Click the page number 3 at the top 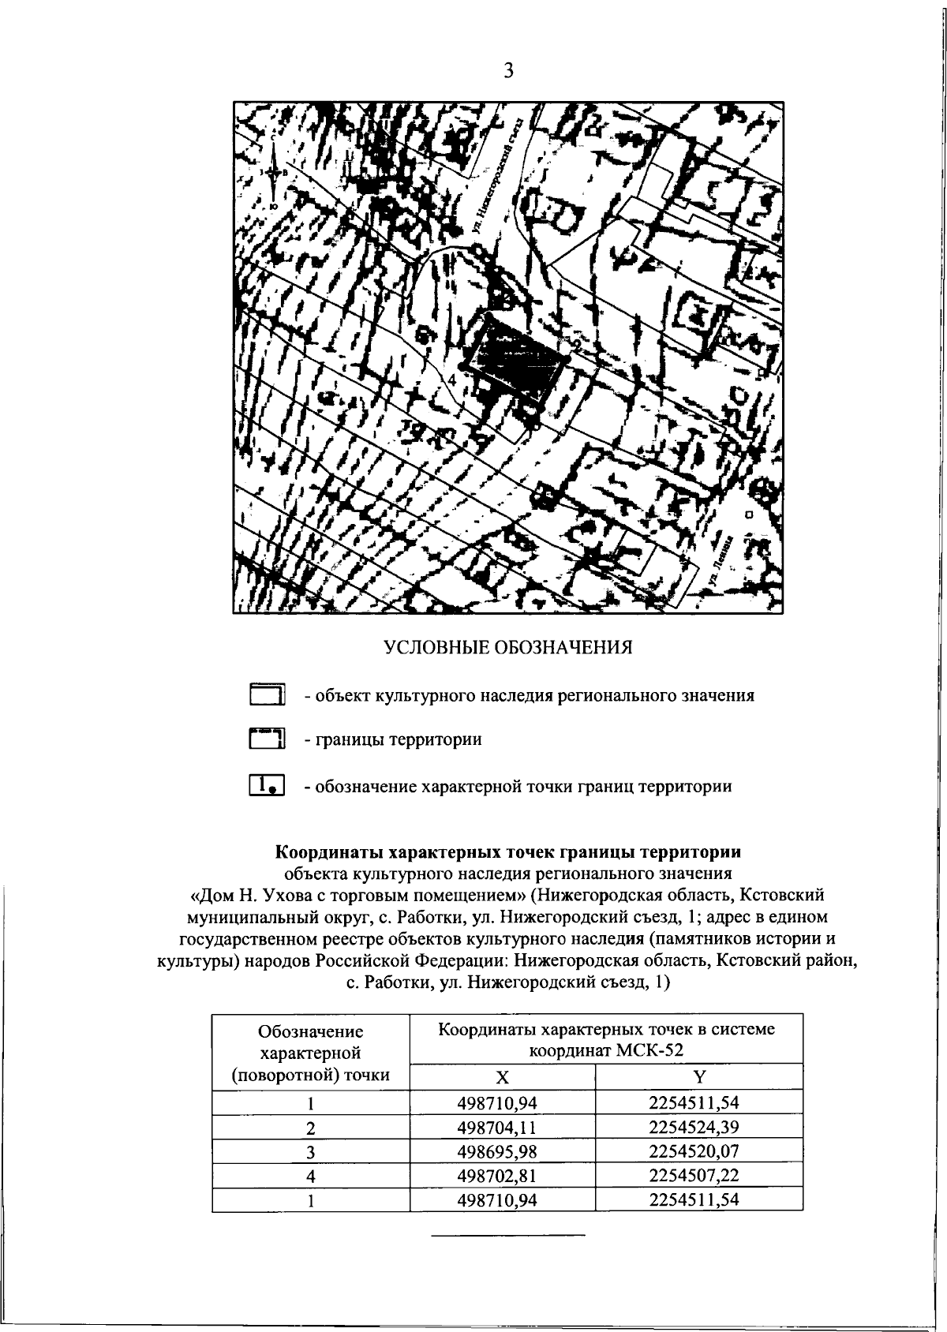(x=508, y=72)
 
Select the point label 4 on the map (x=451, y=380)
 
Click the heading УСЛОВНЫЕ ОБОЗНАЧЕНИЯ (x=508, y=648)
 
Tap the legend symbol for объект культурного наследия (x=267, y=695)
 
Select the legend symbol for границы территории (x=267, y=739)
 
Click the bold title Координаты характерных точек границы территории (x=507, y=852)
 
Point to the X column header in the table (x=502, y=1077)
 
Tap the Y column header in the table (x=698, y=1077)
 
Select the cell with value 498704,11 (x=502, y=1127)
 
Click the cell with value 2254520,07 (x=698, y=1151)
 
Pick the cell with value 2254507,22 (x=698, y=1176)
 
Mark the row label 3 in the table (x=311, y=1151)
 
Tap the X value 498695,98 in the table (x=502, y=1151)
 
